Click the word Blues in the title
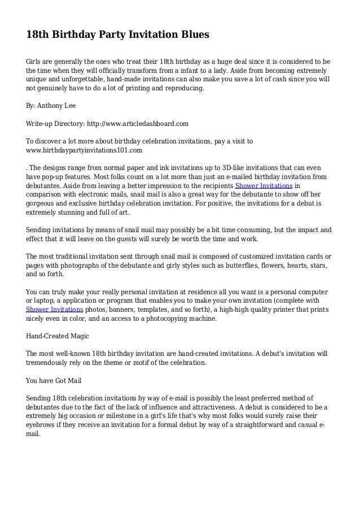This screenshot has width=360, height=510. (x=193, y=35)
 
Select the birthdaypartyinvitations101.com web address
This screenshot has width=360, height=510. (x=84, y=151)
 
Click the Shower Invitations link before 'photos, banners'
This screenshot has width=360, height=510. (x=55, y=310)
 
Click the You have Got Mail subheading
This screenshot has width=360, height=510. (x=53, y=381)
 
